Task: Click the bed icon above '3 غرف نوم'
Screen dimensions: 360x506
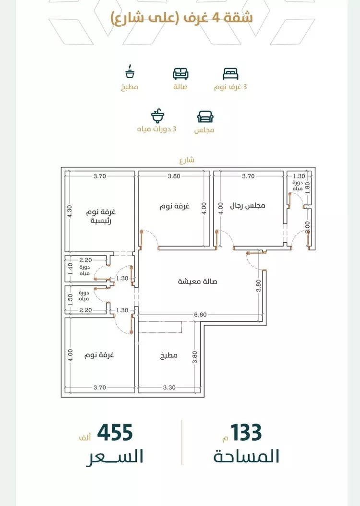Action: (230, 73)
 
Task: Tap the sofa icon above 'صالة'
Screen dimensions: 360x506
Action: (180, 73)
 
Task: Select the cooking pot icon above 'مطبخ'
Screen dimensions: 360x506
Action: (130, 71)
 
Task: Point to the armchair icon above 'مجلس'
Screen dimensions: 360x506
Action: (205, 117)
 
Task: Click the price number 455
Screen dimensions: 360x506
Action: (115, 433)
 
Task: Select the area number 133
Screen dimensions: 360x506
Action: (246, 433)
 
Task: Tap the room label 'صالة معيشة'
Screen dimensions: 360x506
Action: (197, 282)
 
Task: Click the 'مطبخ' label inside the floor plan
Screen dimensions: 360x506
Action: (169, 355)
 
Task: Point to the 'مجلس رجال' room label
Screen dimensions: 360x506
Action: (247, 206)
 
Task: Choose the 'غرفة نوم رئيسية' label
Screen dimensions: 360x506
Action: (101, 216)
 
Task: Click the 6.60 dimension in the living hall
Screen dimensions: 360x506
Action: (200, 315)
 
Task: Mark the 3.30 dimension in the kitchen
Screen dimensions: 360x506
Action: (169, 388)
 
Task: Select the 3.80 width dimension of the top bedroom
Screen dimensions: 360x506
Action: (174, 176)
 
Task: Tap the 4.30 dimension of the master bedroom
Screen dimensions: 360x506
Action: (70, 212)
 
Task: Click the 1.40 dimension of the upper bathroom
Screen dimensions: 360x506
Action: (71, 269)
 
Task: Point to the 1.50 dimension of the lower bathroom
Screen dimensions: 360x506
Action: (71, 299)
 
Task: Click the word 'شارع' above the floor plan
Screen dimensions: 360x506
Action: (187, 160)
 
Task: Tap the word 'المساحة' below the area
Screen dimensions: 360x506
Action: (246, 457)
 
